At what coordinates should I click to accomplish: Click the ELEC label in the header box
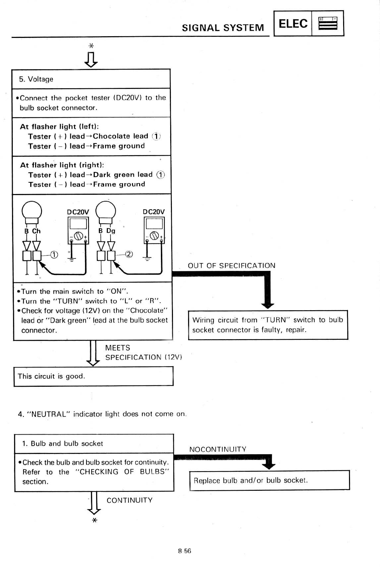(x=293, y=23)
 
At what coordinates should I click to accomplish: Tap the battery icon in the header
(x=328, y=23)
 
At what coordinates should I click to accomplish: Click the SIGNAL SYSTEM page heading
(x=223, y=28)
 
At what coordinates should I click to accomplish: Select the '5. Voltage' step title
(x=36, y=79)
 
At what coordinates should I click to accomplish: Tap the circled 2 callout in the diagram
(x=129, y=254)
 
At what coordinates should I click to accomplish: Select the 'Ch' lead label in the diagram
(x=36, y=231)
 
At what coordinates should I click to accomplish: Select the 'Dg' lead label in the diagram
(x=111, y=231)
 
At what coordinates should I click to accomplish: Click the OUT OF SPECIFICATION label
(x=232, y=265)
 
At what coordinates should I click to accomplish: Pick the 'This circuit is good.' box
(x=93, y=376)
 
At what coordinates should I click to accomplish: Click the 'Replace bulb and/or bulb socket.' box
(x=269, y=480)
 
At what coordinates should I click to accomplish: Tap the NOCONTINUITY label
(x=218, y=449)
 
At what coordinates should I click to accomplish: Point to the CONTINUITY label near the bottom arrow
(x=130, y=500)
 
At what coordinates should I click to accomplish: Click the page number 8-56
(x=185, y=551)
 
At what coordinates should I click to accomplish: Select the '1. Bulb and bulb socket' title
(x=62, y=444)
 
